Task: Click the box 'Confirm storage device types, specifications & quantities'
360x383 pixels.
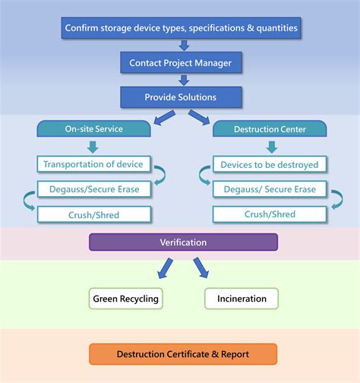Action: (x=182, y=28)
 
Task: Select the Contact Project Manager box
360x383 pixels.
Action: (x=182, y=62)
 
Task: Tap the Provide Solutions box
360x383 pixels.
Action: (x=182, y=97)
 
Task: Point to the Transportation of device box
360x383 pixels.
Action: (x=93, y=164)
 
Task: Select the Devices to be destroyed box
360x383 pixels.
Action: (x=270, y=164)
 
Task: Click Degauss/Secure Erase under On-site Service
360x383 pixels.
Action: (x=93, y=189)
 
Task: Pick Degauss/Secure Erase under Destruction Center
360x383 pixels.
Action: (x=270, y=189)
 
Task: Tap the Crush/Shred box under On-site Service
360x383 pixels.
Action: (x=93, y=214)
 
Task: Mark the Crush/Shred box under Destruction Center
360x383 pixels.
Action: (x=270, y=214)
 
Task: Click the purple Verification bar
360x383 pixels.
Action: (x=183, y=242)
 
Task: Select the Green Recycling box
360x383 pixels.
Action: (x=125, y=299)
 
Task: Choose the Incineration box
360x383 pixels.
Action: (x=241, y=299)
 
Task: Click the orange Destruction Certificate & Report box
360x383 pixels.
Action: (x=183, y=354)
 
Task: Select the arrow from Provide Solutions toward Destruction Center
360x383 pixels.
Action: (x=199, y=117)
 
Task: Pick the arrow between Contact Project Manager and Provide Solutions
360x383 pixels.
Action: (x=182, y=80)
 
